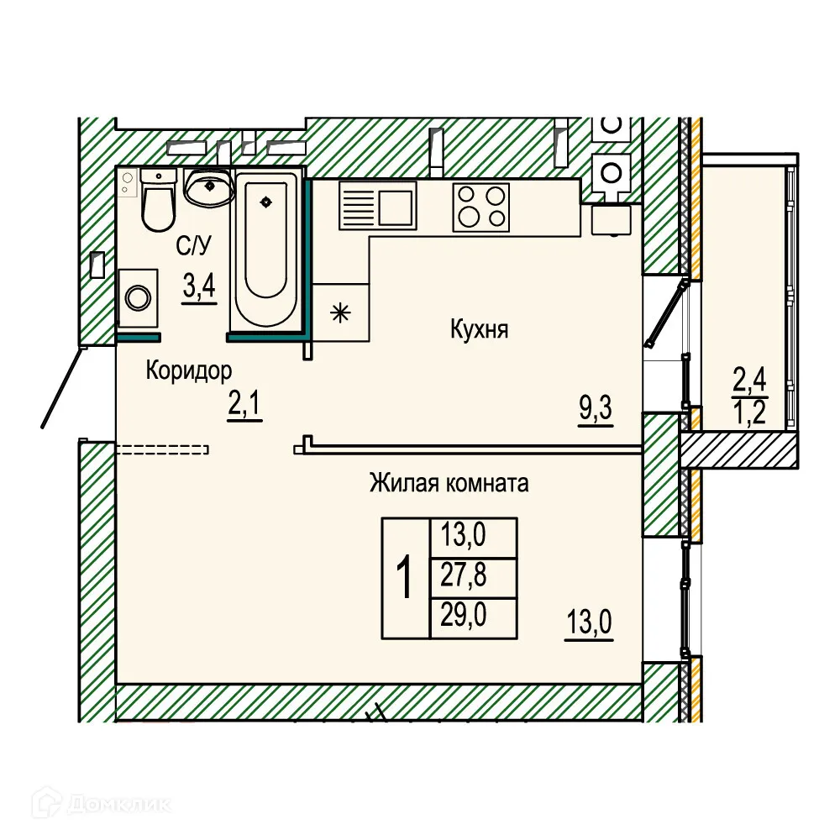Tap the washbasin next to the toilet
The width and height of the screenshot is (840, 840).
[207, 186]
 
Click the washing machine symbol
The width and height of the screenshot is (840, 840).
[137, 297]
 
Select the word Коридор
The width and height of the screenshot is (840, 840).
[188, 370]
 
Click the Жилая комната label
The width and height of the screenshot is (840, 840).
[449, 483]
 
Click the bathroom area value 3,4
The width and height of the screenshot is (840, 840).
[200, 286]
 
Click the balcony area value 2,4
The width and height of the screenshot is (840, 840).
[750, 382]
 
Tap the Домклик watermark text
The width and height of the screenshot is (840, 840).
[122, 803]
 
